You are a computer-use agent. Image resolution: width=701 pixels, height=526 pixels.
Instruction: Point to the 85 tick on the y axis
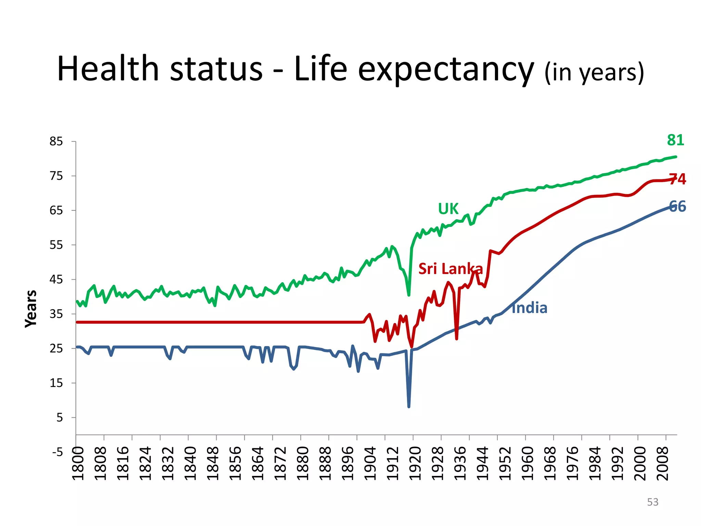coord(56,141)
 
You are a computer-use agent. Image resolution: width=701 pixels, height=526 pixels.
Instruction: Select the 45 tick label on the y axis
coord(56,279)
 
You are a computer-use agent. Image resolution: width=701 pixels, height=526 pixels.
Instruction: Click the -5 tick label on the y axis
coord(58,452)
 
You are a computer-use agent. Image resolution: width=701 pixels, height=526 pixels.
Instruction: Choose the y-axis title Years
coord(31,309)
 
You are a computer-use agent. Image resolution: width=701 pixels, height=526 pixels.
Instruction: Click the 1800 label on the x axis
coord(79,463)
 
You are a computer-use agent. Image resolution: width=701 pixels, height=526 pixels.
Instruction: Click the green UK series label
coord(448,209)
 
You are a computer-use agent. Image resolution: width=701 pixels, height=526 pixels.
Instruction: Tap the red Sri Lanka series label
coord(450,269)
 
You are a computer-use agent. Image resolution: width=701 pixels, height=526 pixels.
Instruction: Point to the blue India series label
coord(530,308)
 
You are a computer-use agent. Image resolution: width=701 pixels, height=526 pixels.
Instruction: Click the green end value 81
coord(675,140)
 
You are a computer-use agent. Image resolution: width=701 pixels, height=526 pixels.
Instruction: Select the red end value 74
coord(677,179)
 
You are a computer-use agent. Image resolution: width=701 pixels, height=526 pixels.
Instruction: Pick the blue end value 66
coord(677,206)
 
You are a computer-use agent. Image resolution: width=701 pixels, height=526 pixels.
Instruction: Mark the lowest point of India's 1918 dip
coord(409,406)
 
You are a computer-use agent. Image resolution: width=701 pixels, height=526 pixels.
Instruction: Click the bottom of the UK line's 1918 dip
coord(409,295)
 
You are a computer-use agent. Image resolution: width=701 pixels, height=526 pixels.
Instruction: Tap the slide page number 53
coord(652,502)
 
